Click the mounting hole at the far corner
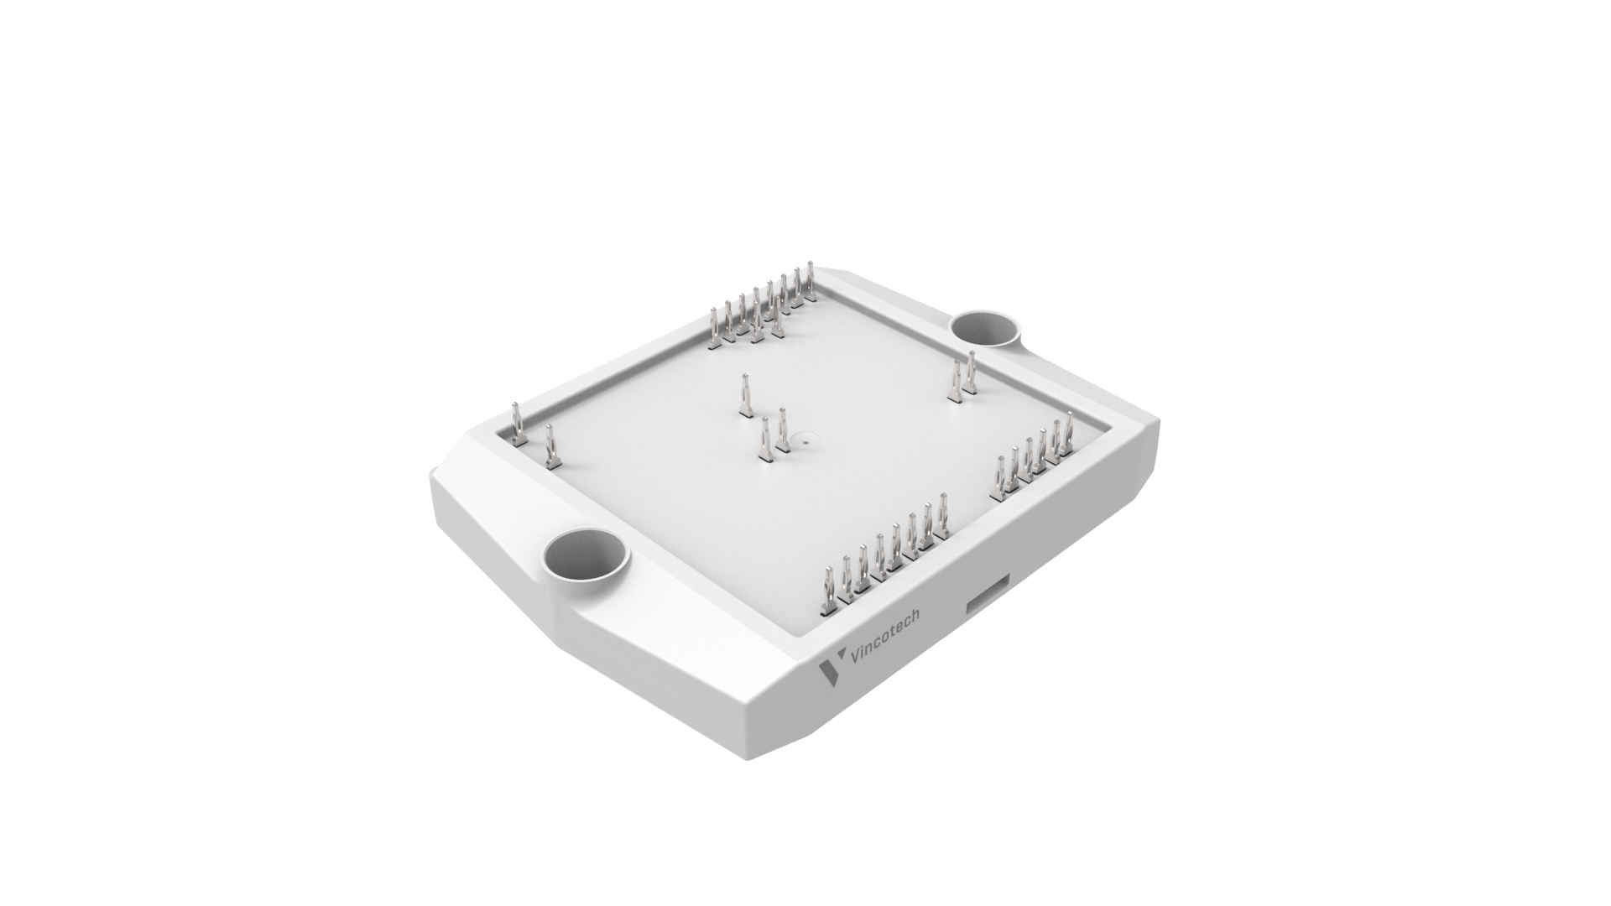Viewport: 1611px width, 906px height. pos(985,326)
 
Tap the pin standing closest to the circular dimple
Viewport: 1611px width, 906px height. pos(783,430)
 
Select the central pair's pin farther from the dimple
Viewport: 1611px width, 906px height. pos(764,440)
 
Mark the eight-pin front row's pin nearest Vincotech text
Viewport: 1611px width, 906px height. pos(828,592)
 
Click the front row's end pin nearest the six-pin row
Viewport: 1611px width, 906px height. pos(943,517)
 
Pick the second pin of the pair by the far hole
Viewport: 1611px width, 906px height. pos(955,382)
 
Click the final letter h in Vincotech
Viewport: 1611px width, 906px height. pos(914,617)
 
